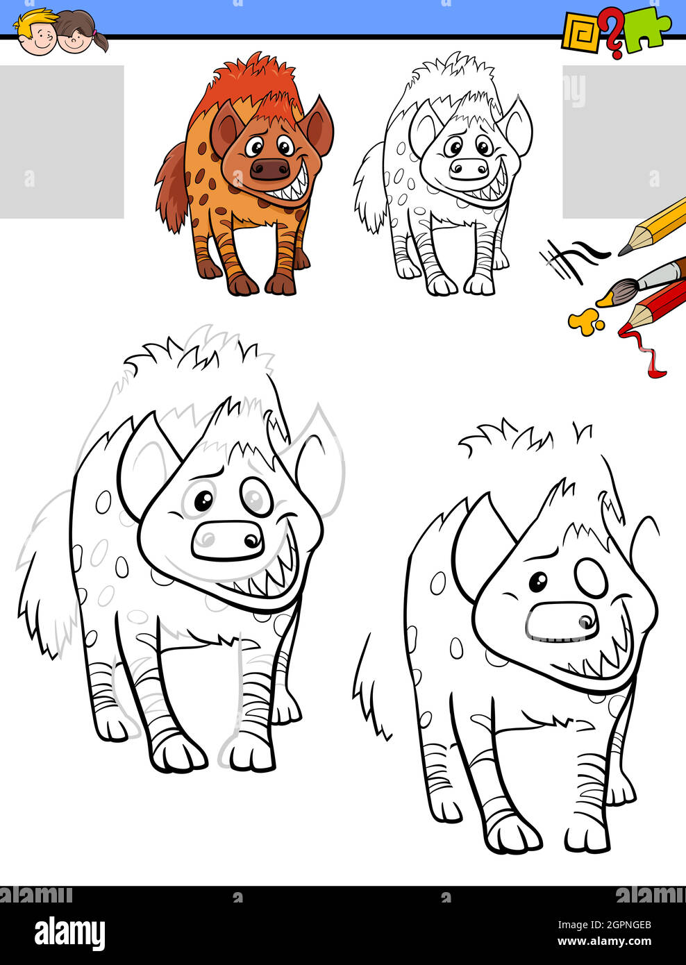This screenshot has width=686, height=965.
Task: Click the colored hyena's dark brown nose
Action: (x=270, y=169)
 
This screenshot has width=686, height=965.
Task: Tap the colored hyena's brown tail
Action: (x=172, y=188)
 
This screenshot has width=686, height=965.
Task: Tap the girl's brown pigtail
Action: (x=100, y=42)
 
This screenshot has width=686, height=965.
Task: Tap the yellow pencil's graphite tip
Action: (x=623, y=251)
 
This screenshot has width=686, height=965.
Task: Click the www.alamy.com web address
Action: (x=605, y=941)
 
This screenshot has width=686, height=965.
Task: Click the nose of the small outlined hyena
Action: (x=469, y=169)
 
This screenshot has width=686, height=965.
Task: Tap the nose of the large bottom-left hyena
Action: (x=228, y=541)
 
